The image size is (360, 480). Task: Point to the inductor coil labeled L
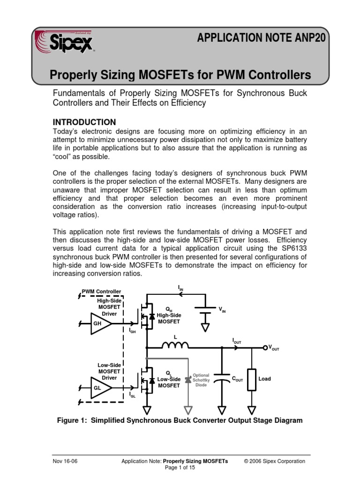175,345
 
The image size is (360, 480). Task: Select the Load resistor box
252,379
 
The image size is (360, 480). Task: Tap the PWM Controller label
101,292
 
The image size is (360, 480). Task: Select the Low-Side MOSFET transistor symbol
146,382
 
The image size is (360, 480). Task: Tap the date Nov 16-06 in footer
65,461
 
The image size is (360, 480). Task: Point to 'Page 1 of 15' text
180,468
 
